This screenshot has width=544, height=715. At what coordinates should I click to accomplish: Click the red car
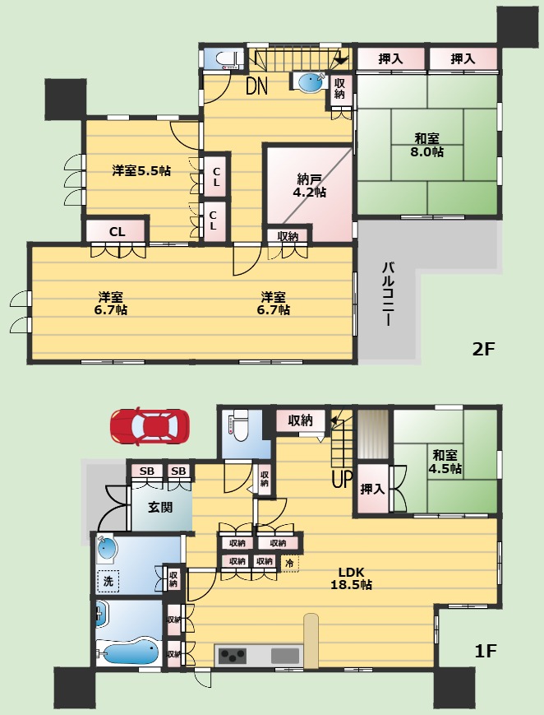(x=150, y=426)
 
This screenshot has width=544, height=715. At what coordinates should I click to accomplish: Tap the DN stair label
(x=256, y=86)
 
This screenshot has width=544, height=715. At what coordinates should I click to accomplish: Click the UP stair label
(x=342, y=479)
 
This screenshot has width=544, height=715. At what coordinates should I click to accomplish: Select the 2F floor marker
(x=483, y=350)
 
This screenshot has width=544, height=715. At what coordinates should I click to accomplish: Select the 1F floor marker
(x=485, y=651)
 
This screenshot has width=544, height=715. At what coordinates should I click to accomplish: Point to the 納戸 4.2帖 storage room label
(x=309, y=185)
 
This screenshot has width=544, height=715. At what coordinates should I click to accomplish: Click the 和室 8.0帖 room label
(x=427, y=145)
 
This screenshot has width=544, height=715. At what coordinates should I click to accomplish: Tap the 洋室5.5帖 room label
(x=141, y=170)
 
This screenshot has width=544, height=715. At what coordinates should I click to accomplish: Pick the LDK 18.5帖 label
(x=351, y=578)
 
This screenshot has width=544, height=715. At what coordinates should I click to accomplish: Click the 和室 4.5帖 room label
(x=445, y=462)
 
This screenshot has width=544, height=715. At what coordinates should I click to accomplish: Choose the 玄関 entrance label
(x=160, y=507)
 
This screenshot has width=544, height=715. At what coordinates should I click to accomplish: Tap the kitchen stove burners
(x=233, y=656)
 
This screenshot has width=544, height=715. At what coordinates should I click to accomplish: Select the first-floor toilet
(x=239, y=427)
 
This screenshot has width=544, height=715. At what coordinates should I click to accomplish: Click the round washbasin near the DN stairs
(x=311, y=82)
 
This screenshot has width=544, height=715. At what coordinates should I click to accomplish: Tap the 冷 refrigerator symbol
(x=290, y=563)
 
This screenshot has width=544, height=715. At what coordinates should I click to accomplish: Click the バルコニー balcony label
(x=389, y=294)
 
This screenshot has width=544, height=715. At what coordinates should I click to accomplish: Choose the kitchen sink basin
(x=285, y=656)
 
